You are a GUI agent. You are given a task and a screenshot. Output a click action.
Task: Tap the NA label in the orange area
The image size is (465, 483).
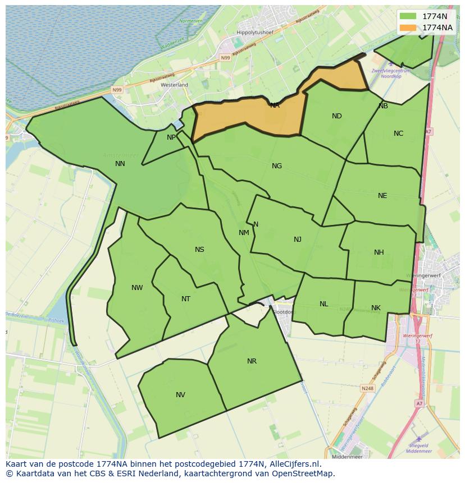click(275, 105)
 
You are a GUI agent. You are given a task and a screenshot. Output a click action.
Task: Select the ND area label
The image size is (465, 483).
click(337, 116)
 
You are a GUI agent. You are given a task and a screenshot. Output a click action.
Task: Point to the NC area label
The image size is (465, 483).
click(398, 134)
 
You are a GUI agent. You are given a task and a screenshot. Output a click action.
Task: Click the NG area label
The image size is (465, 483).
click(277, 166)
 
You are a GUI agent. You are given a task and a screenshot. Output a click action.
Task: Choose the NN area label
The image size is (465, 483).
click(120, 164)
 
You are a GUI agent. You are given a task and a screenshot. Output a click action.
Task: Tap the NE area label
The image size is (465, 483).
click(382, 196)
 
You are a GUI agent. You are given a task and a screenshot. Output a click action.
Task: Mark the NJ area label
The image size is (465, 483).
click(298, 240)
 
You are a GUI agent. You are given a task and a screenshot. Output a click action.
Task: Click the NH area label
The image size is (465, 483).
click(379, 252)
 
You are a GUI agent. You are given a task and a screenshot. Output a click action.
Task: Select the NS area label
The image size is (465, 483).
click(199, 250)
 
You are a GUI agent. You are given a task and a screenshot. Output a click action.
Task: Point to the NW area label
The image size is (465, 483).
click(137, 288)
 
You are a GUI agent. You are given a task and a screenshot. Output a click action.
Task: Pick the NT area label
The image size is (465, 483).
click(186, 299)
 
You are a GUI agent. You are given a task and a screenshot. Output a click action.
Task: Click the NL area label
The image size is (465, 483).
click(324, 304)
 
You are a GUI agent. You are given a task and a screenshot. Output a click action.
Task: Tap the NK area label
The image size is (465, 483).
click(376, 308)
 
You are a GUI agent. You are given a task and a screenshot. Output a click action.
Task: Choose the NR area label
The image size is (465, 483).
click(252, 361)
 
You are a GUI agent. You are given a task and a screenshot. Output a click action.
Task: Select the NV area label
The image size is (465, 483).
click(180, 395)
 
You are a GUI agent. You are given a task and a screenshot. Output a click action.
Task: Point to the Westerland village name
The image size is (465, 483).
click(174, 85)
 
